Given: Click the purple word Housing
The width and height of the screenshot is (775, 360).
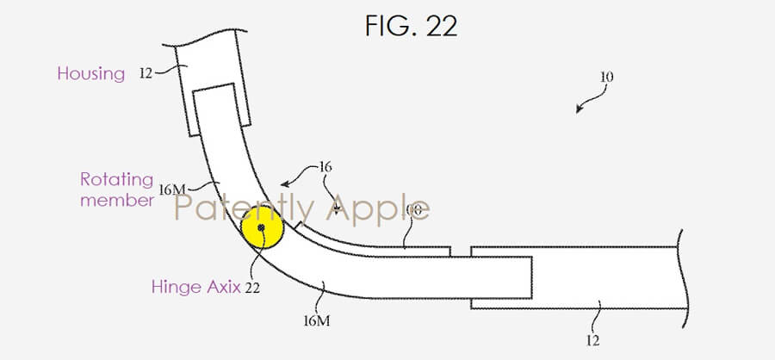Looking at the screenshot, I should coord(90,73).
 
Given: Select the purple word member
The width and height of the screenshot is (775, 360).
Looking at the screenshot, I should coord(117,201).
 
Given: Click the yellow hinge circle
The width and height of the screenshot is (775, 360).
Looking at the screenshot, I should coord(262,228).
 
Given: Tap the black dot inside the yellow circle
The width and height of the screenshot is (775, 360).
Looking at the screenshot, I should coord(262,228).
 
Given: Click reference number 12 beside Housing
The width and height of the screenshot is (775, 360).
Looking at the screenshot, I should coord(144,74).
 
